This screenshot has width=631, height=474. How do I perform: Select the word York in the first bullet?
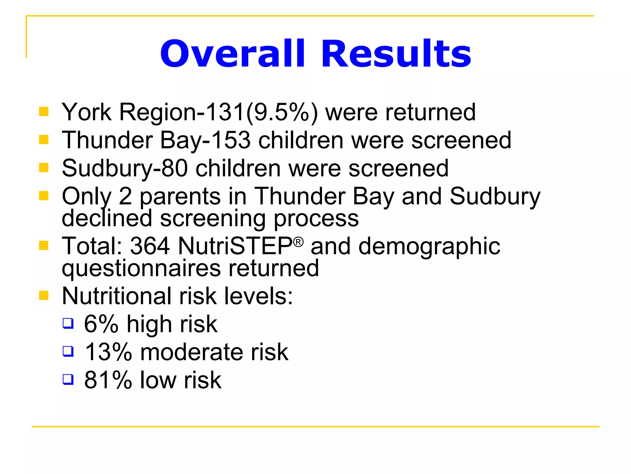click(x=87, y=112)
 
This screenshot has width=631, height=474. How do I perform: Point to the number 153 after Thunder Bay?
click(x=231, y=140)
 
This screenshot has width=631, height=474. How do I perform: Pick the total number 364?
click(x=150, y=246)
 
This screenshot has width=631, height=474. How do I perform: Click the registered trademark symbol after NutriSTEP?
click(x=298, y=242)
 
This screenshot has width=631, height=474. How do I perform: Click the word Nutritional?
click(x=117, y=296)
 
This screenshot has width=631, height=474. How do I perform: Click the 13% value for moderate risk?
click(x=108, y=352)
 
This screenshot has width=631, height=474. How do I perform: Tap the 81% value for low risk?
click(x=108, y=380)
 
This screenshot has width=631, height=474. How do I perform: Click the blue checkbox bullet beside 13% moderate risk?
click(x=68, y=351)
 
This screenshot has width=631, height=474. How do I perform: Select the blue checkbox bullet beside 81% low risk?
click(x=68, y=379)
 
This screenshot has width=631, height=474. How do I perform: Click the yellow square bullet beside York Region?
click(x=44, y=111)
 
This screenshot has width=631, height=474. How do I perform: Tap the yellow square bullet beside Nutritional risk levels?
click(x=44, y=295)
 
